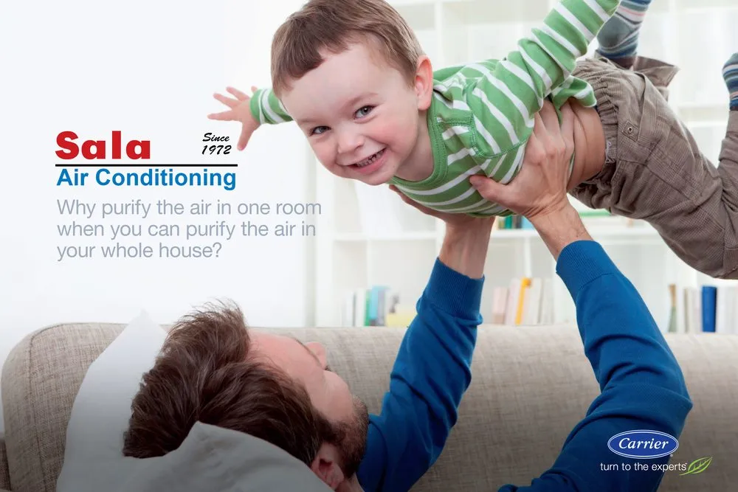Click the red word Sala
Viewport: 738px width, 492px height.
103,146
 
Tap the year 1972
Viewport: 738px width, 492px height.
218,150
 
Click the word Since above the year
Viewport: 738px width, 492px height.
216,137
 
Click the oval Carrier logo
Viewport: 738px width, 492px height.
642,444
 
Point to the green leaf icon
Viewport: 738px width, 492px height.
697,466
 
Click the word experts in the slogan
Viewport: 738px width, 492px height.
663,468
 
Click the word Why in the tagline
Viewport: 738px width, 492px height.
74,207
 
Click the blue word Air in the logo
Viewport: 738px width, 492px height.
74,178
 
